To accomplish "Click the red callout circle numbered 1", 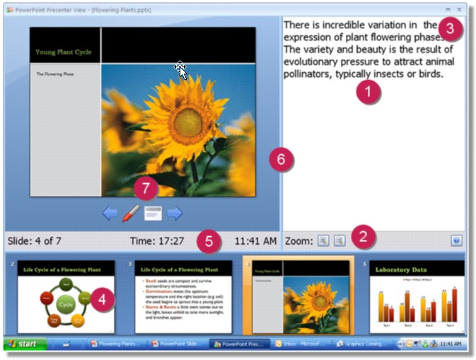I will [x=368, y=91].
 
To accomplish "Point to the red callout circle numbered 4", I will [x=103, y=299].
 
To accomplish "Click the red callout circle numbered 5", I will [x=209, y=240].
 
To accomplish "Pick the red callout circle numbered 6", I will [x=281, y=159].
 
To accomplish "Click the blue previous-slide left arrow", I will [x=110, y=212].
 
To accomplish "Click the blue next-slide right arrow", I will [x=175, y=212].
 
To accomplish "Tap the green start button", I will [x=25, y=344].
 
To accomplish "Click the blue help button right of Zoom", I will [x=456, y=240].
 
